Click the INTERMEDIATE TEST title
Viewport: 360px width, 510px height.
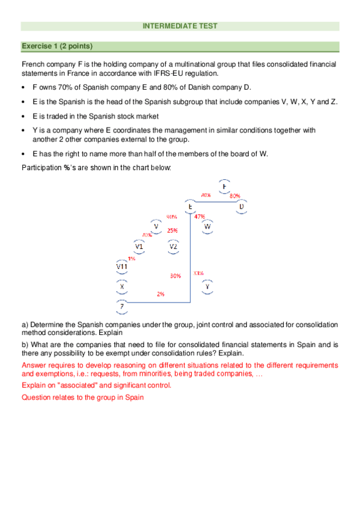coord(180,26)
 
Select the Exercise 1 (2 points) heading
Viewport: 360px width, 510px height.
coord(57,46)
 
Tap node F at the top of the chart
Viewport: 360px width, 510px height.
coord(224,187)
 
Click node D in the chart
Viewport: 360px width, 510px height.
coord(242,207)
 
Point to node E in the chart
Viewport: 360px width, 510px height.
coord(190,207)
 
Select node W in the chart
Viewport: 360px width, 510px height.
coord(207,226)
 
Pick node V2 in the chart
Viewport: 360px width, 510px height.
coord(173,246)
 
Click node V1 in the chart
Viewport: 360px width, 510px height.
coord(139,246)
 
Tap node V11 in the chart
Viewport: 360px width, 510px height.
coord(121,266)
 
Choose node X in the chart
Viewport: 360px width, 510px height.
coord(122,286)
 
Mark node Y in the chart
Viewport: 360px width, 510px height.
coord(207,286)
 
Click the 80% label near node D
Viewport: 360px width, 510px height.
coord(235,195)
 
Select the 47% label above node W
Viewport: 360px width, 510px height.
coord(200,217)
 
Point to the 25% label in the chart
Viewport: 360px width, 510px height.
coord(172,230)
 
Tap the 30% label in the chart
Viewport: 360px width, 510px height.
coord(175,276)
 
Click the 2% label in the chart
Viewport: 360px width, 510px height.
coord(160,294)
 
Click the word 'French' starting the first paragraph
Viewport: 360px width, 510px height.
coord(32,63)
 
